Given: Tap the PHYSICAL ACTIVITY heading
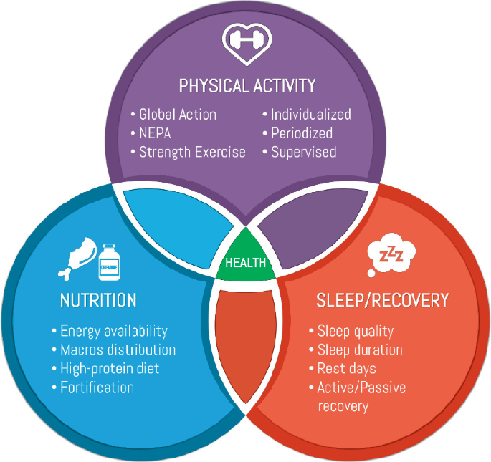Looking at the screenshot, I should pyautogui.click(x=247, y=87).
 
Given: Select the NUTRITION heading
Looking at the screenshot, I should pyautogui.click(x=97, y=299).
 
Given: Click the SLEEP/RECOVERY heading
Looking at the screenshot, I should pyautogui.click(x=383, y=299).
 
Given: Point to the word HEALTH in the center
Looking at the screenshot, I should pyautogui.click(x=246, y=263).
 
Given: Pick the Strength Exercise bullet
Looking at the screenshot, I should pyautogui.click(x=191, y=152).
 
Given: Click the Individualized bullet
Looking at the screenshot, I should pyautogui.click(x=310, y=115).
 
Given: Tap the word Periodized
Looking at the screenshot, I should pyautogui.click(x=301, y=133).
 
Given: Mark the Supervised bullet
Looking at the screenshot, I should pyautogui.click(x=303, y=152).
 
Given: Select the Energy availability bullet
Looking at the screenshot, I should pyautogui.click(x=113, y=331).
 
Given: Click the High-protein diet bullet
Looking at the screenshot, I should pyautogui.click(x=109, y=369).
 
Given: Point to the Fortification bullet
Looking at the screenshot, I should pyautogui.click(x=96, y=388).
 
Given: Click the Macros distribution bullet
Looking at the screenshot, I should pyautogui.click(x=118, y=350).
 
